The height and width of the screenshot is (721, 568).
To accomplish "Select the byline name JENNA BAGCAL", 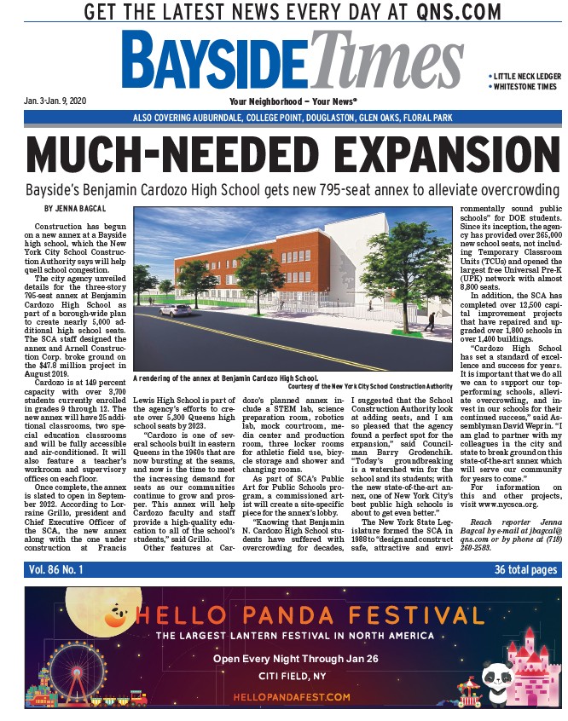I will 76,209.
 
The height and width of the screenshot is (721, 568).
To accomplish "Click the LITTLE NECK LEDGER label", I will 524,76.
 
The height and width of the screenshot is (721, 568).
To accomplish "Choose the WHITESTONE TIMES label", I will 524,86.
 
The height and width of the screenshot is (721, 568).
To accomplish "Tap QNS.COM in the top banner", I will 455,13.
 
